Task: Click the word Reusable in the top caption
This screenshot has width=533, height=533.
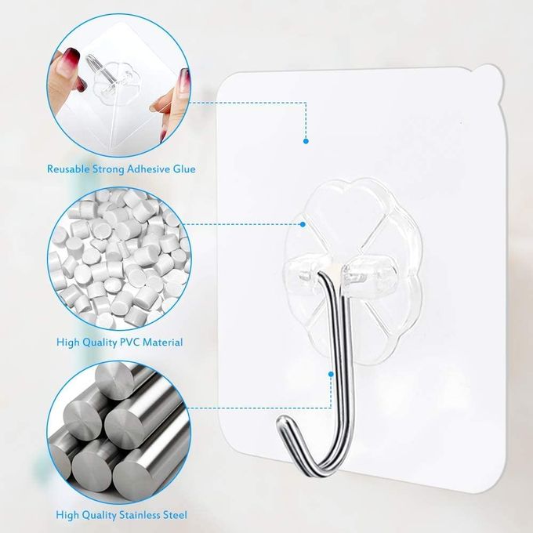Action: click(68, 169)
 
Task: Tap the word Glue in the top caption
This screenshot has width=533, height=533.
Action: click(184, 169)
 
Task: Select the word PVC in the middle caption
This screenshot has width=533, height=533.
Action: click(129, 342)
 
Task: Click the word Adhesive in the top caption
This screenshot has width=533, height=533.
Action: click(148, 169)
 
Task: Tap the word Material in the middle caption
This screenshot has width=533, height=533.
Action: click(162, 342)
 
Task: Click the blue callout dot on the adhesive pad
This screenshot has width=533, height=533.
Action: click(306, 141)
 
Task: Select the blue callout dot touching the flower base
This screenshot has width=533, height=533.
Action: click(303, 224)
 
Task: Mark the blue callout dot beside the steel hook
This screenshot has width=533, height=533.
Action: click(331, 374)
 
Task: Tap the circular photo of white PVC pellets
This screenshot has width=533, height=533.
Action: click(119, 259)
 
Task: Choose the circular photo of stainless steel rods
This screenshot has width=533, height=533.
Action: click(119, 433)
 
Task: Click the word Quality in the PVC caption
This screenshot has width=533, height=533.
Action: click(99, 342)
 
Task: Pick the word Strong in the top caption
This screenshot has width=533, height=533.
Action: click(108, 169)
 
